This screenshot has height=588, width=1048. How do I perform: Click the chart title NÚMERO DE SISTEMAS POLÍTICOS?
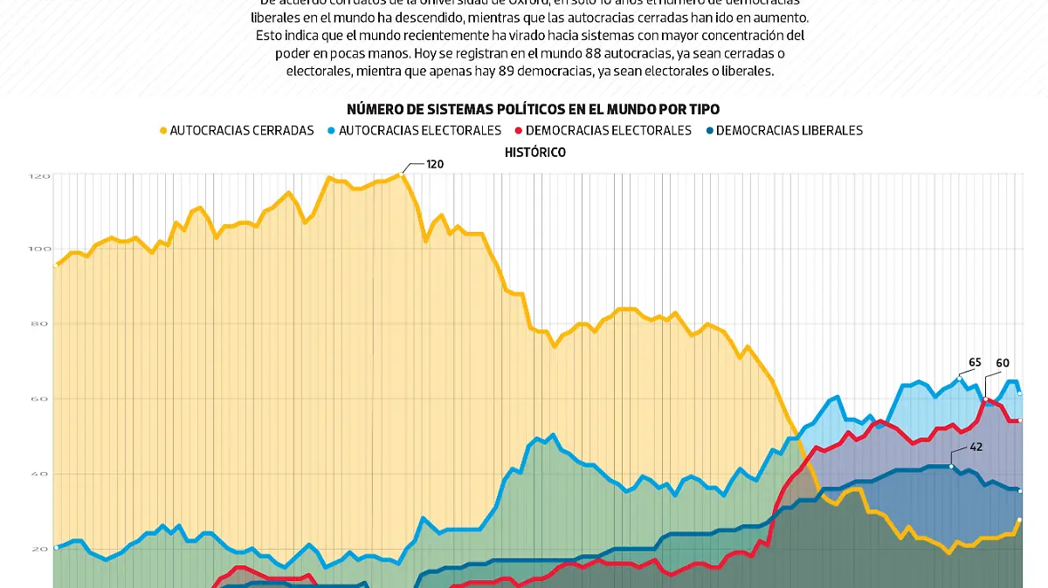pyautogui.click(x=533, y=109)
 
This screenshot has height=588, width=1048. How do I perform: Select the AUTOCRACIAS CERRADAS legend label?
pyautogui.click(x=241, y=131)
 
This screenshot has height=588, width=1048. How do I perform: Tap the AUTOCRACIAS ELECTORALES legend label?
pyautogui.click(x=419, y=131)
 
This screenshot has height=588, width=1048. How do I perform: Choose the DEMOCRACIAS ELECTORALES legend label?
pyautogui.click(x=608, y=131)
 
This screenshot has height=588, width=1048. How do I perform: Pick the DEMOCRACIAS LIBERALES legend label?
pyautogui.click(x=789, y=131)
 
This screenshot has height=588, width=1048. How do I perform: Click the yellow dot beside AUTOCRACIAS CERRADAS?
pyautogui.click(x=162, y=131)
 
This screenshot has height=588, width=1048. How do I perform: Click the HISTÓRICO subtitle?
pyautogui.click(x=534, y=153)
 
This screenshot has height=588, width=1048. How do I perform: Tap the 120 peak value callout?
pyautogui.click(x=435, y=163)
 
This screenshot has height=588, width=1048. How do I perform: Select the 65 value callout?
pyautogui.click(x=976, y=363)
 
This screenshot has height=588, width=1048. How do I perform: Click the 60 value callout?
pyautogui.click(x=1003, y=363)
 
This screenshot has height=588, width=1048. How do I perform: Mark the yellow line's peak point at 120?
pyautogui.click(x=401, y=175)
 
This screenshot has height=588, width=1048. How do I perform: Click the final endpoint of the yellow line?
pyautogui.click(x=1019, y=520)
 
